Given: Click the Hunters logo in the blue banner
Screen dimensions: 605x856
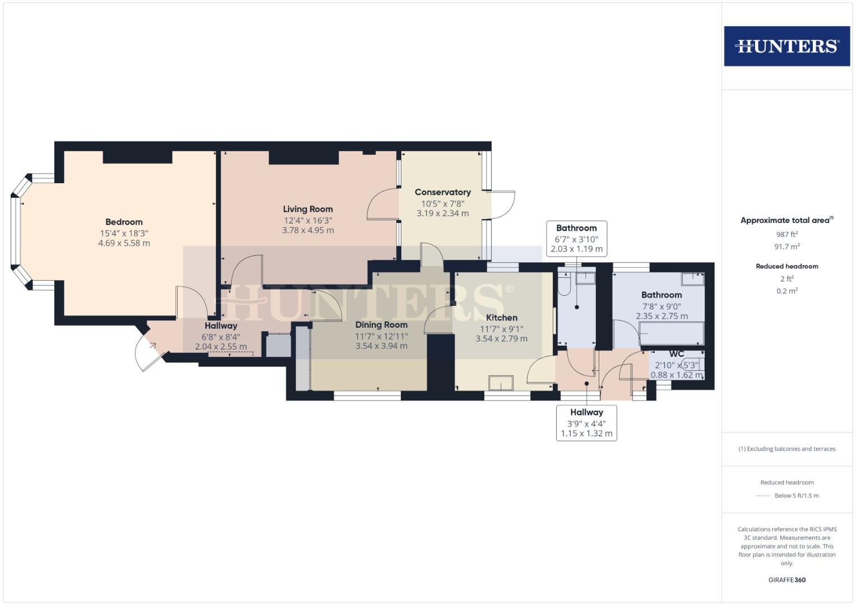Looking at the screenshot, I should coord(786,46).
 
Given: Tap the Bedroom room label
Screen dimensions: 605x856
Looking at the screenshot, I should coord(124,222).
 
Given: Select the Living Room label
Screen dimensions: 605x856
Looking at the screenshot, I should coord(308,209).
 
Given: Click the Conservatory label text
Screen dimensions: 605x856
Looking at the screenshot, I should coord(442,192).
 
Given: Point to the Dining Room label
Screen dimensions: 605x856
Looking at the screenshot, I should coord(381,325).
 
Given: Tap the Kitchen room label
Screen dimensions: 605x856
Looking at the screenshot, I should coord(501,318).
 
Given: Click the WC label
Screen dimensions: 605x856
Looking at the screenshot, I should coord(677,354).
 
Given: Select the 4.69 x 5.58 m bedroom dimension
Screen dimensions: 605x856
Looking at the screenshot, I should coord(124,243).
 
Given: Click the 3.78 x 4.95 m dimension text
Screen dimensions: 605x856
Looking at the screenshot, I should coord(308,230).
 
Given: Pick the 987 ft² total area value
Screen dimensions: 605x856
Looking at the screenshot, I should coord(786,235).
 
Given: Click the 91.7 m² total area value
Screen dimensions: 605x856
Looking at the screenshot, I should coord(786,246).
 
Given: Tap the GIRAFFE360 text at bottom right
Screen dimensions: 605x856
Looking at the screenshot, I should coord(786,580).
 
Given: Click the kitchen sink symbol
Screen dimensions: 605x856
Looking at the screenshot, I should coord(501,383).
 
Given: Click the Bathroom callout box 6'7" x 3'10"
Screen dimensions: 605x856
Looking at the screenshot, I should coord(576,239).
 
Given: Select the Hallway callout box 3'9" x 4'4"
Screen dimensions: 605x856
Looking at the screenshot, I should coord(586,423).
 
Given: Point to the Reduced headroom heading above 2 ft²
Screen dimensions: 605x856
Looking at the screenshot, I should coord(786,266).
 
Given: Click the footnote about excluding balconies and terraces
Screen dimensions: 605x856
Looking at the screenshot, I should coord(786,449).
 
